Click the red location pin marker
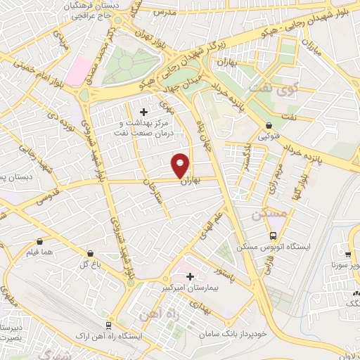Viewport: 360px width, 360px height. click(181, 165)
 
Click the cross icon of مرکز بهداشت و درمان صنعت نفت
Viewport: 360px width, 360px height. click(144, 111)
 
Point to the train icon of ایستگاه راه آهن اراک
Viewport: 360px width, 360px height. click(108, 326)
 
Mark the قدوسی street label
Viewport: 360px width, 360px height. click(41, 198)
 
